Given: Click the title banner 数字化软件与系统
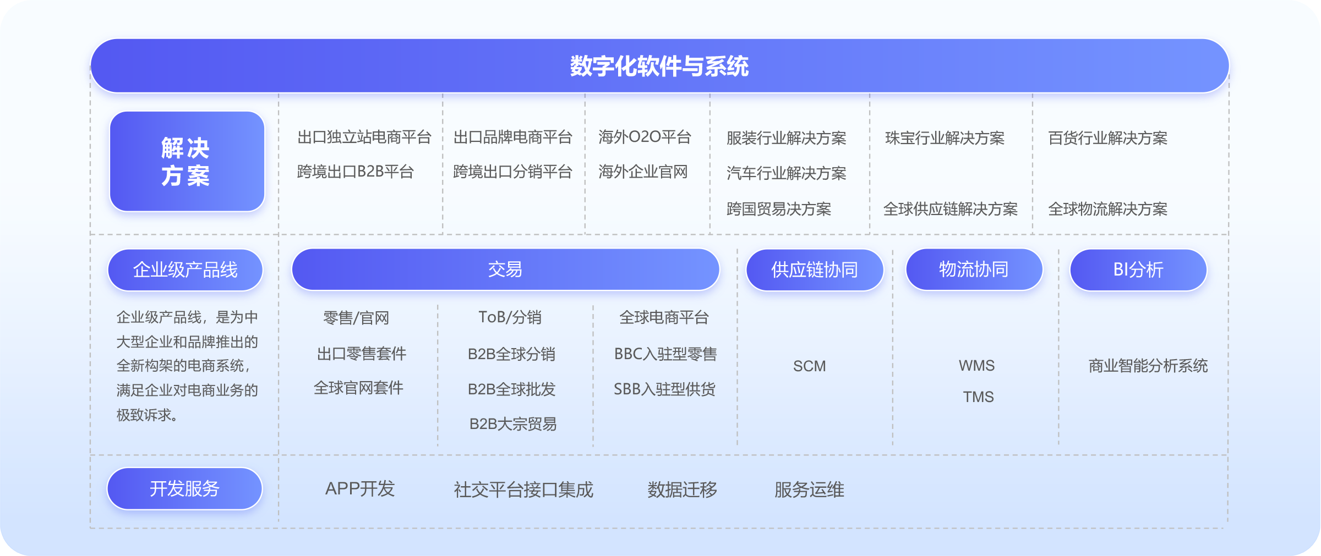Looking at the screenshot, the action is (x=659, y=66).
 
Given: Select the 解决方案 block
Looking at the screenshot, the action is (x=187, y=161).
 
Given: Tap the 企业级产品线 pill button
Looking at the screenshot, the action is (x=185, y=269).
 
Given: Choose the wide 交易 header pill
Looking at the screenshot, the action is (x=505, y=269).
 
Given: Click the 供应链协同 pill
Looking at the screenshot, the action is (x=815, y=269).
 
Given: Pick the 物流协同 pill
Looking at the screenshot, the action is (x=974, y=269).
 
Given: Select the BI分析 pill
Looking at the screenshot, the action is (x=1138, y=269).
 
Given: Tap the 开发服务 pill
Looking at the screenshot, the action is (x=184, y=488).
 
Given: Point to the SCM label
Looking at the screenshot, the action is (x=809, y=366).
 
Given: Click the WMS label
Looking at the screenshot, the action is (x=977, y=366).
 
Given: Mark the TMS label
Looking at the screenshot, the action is (x=979, y=397).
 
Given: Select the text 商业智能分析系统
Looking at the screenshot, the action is (x=1148, y=366).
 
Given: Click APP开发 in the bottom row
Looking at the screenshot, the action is (x=360, y=489).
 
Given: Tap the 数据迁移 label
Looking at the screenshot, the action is (x=683, y=489).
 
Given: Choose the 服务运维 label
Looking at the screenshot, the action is (x=809, y=489).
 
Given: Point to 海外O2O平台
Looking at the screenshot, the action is (x=645, y=137).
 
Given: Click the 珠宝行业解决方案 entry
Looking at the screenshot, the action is (x=945, y=138).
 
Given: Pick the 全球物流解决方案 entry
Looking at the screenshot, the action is (x=1108, y=209).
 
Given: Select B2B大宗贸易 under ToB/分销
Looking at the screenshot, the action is (x=513, y=424).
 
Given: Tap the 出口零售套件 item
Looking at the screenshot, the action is (x=362, y=354).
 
